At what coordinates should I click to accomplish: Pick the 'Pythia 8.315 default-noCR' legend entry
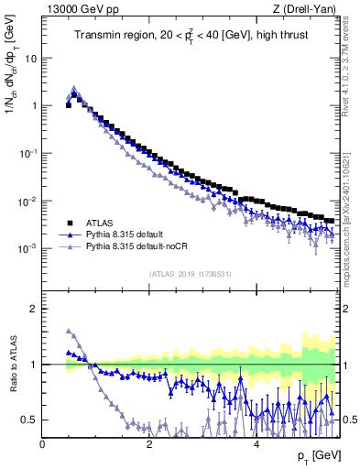point(133,247)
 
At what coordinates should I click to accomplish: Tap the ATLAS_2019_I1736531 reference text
point(190,274)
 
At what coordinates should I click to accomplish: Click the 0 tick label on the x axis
point(43,444)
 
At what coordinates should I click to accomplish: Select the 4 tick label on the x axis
point(256,444)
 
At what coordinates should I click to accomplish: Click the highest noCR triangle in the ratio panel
point(68,331)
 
